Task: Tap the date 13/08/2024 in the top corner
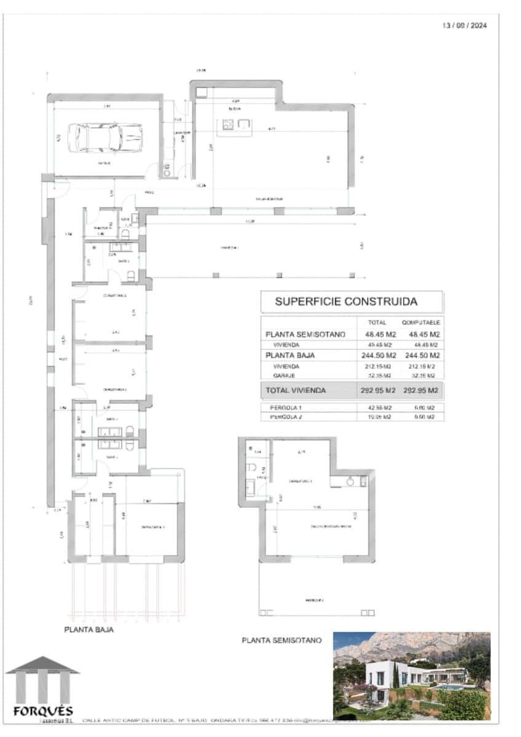click(x=465, y=26)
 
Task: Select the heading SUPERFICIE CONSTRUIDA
click(x=346, y=302)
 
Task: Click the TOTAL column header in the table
click(x=376, y=322)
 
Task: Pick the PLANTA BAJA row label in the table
click(x=288, y=356)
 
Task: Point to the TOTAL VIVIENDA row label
click(x=295, y=390)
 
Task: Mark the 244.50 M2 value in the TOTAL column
click(x=376, y=356)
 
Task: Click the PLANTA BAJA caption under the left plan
click(x=89, y=630)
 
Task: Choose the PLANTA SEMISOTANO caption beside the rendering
click(x=282, y=641)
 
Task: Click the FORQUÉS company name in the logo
click(x=43, y=711)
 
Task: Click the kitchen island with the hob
click(x=237, y=125)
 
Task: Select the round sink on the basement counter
click(x=350, y=482)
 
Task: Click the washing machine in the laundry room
click(x=167, y=170)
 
